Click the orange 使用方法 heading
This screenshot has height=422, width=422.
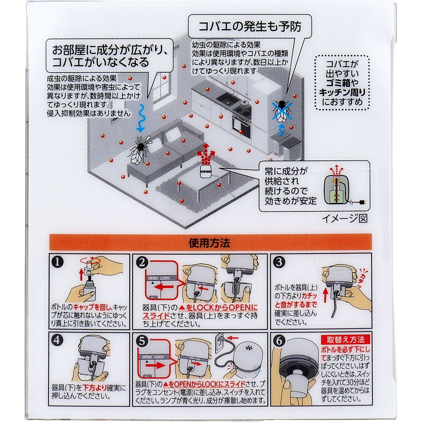[211, 243]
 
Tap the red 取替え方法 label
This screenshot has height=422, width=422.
[345, 340]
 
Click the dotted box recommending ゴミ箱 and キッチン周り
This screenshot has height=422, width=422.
[342, 83]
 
